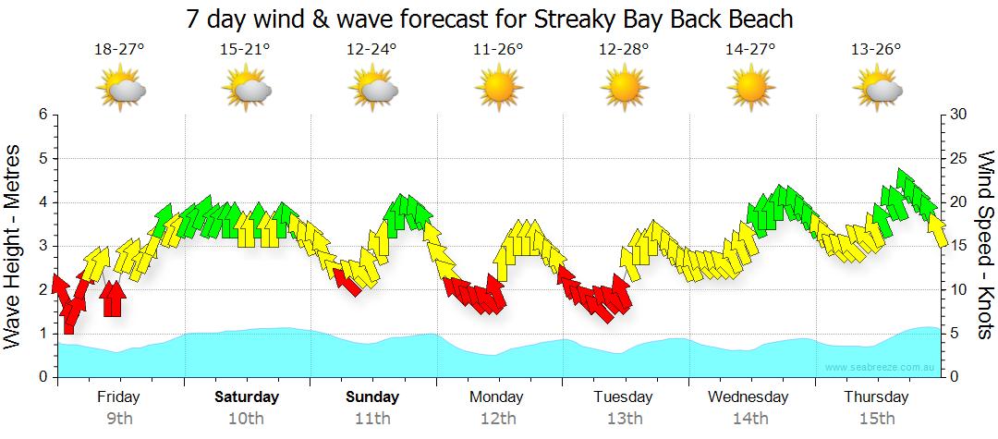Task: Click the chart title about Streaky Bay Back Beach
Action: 490,18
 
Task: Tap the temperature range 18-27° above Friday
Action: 119,49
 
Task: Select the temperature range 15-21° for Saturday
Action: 245,49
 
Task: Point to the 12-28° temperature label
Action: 624,49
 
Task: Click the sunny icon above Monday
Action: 498,89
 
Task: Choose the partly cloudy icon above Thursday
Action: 876,89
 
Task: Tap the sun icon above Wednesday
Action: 749,89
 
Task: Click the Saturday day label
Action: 247,397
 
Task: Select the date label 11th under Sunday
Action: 372,419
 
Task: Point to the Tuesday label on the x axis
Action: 624,397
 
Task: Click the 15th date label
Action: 876,419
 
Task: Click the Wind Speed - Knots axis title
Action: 985,245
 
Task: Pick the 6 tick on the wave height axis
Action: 43,115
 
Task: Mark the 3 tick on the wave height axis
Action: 43,246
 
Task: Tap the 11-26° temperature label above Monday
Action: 498,49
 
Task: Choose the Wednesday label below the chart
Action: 748,397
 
